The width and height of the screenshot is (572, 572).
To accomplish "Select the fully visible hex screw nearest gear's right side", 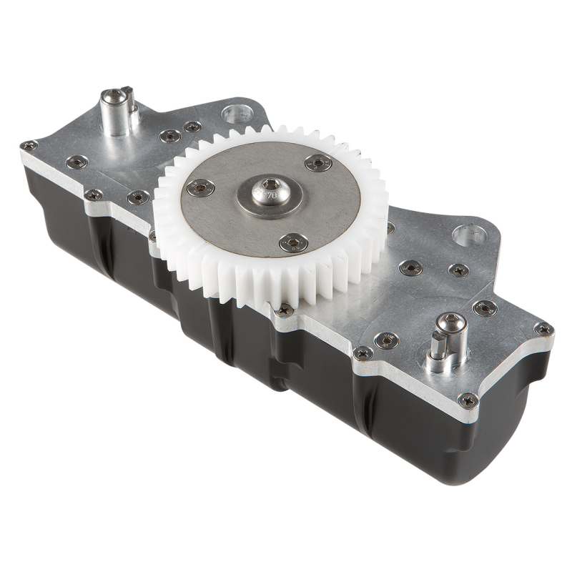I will (x=410, y=267).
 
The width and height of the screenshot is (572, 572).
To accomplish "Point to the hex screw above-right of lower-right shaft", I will (x=485, y=307).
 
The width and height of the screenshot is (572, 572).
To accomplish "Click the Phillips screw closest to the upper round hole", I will (x=192, y=127).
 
